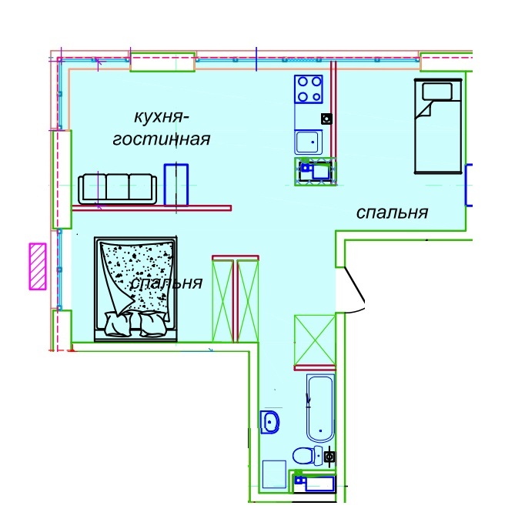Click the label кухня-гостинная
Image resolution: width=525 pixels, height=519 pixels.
(162, 129)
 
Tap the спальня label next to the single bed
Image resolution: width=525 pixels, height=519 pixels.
(392, 213)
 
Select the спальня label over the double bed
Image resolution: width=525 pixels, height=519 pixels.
(166, 283)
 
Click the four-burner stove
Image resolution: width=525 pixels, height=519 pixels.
(309, 89)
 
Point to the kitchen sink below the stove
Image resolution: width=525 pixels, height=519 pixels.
(309, 142)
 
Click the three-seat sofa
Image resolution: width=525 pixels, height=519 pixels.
(117, 189)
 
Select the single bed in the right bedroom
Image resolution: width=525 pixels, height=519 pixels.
(438, 126)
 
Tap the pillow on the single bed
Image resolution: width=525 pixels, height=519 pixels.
(437, 92)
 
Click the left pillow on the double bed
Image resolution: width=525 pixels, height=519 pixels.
(118, 323)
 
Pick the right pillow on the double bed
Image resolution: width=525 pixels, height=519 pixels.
(152, 323)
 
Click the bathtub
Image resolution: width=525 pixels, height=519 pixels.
(320, 408)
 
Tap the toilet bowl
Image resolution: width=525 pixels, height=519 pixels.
(308, 455)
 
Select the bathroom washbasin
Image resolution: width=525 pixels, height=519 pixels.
(270, 422)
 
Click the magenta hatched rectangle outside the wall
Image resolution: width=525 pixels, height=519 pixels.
(38, 266)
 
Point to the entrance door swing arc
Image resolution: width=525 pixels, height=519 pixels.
(356, 291)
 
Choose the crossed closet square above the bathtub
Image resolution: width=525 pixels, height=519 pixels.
(315, 340)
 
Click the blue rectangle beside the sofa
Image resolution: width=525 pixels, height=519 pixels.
(176, 185)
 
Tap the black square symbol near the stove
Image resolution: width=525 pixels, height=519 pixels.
(327, 119)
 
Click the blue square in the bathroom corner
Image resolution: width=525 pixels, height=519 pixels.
(274, 474)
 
